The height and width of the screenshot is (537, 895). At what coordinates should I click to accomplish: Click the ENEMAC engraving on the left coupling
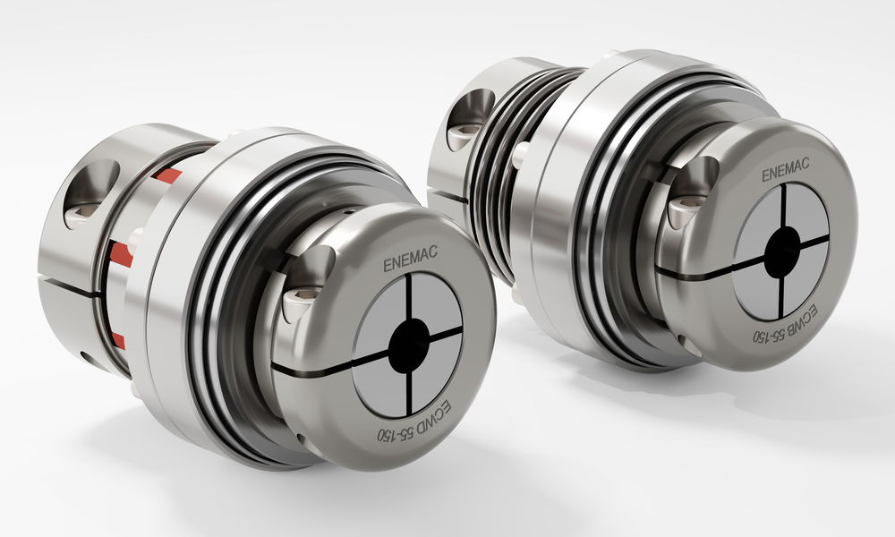410,259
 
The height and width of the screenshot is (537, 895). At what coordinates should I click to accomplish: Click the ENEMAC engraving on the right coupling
785,169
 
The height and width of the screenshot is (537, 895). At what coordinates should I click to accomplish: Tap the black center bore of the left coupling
409,345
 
